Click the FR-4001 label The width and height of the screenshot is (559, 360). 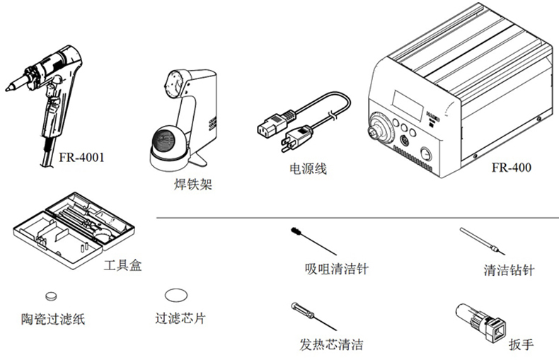pos(81,157)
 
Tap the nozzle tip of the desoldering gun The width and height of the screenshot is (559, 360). pos(7,88)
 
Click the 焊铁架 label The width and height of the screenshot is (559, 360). pos(193,184)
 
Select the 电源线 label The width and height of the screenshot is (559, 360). pos(308,168)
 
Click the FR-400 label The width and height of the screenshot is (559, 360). pos(512,167)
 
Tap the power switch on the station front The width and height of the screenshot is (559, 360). pos(426,154)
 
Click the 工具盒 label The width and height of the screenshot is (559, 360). pos(122,265)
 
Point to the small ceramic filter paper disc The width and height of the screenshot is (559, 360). pos(52,296)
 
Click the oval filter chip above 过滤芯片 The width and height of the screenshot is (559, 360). pos(176,295)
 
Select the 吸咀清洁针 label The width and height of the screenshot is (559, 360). pos(337,268)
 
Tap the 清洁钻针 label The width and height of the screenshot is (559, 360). pos(509,269)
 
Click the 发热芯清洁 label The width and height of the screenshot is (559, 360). pos(332,344)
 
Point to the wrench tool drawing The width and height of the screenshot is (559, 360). pos(480,323)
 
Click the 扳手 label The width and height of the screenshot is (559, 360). pos(521,344)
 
